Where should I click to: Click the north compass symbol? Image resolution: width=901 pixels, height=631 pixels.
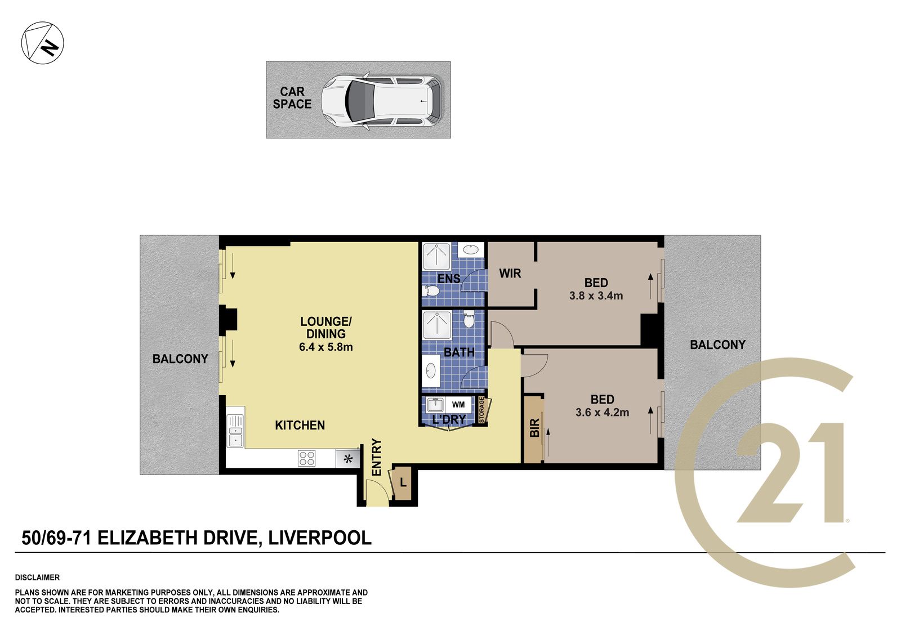coord(42,43)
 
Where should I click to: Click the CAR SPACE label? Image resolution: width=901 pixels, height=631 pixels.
coord(292,98)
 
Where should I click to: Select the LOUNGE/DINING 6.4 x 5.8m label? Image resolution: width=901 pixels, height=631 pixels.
coord(326,334)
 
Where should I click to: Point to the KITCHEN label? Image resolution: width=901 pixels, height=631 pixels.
coord(300,425)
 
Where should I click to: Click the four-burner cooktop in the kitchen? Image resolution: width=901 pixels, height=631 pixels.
coord(306,458)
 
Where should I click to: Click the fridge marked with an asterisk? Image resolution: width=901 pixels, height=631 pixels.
coord(348,458)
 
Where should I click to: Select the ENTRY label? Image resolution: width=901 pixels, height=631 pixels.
coord(376,457)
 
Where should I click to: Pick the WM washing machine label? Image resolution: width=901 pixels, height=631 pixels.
coord(458,405)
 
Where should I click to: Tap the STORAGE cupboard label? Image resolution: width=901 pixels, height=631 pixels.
coord(481,409)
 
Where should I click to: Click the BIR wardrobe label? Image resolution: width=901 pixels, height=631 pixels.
coord(534,427)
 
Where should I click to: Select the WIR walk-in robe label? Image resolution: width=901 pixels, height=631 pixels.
coord(510,274)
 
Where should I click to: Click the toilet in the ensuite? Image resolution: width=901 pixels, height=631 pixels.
coord(430,290)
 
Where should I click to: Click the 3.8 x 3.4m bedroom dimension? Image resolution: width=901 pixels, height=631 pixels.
coord(596,296)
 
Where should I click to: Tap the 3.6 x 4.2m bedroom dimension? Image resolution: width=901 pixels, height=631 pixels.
coord(602,412)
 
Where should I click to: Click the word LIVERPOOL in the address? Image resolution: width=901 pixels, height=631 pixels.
coord(320,538)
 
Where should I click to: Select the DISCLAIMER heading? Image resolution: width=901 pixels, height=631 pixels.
coord(37,578)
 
